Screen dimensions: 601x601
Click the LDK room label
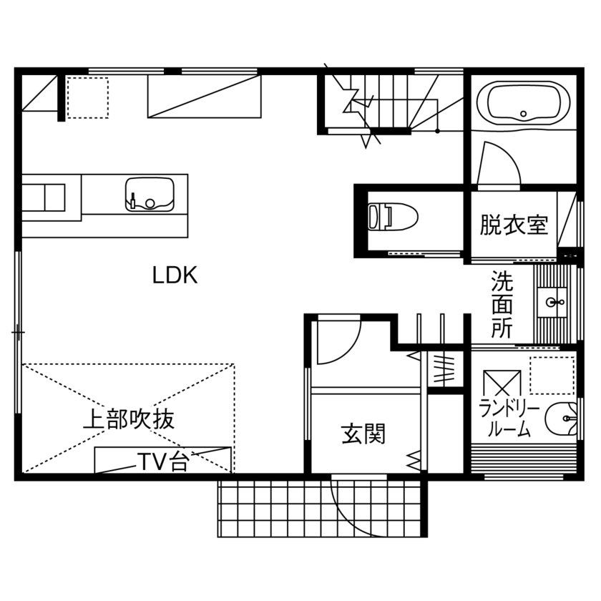click(175, 275)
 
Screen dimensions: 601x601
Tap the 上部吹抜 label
click(129, 419)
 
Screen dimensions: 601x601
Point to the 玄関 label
click(363, 434)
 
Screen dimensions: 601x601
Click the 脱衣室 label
click(514, 225)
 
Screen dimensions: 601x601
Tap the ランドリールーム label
click(509, 419)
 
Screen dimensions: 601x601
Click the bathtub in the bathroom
click(524, 104)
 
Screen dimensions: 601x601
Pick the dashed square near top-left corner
click(87, 97)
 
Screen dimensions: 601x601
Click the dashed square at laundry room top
click(552, 375)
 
